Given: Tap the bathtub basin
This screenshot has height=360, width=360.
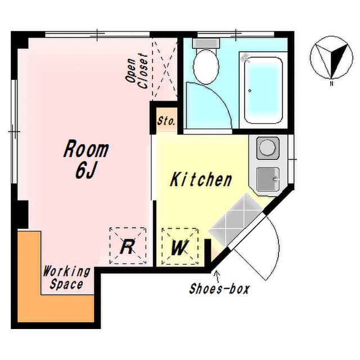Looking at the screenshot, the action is (x=263, y=89).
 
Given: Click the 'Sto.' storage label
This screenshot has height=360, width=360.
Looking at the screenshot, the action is (x=166, y=121).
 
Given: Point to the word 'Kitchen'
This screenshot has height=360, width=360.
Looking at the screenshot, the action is (x=201, y=180).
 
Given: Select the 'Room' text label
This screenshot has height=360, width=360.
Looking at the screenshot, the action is (x=86, y=150).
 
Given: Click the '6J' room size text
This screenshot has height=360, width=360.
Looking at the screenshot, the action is (x=85, y=171).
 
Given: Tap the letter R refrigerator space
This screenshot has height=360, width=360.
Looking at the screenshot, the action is (x=128, y=246).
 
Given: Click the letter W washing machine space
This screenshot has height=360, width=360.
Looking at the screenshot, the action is (x=180, y=246).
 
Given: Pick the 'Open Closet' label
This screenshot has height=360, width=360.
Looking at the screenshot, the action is (x=136, y=71).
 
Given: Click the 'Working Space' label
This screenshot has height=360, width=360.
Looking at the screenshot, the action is (x=66, y=278).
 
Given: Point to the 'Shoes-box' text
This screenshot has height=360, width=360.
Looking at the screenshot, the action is (x=219, y=289).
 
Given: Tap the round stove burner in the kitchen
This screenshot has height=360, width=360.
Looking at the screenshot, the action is (x=268, y=147).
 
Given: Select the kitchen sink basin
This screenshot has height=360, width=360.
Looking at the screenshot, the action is (x=268, y=179).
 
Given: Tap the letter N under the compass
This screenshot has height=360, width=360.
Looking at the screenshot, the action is (x=331, y=84).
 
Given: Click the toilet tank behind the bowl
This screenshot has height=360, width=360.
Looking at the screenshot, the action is (x=206, y=43).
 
